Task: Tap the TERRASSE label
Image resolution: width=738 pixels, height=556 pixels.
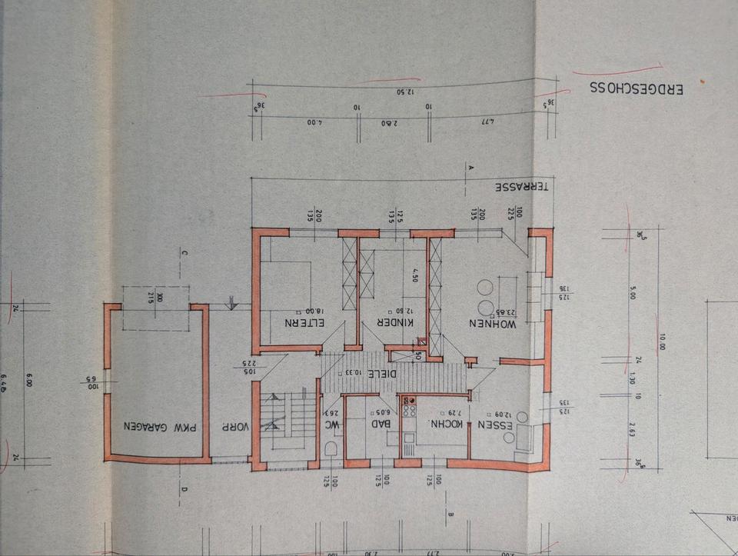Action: point(523,188)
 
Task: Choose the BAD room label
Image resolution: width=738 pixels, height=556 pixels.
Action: point(384,423)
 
